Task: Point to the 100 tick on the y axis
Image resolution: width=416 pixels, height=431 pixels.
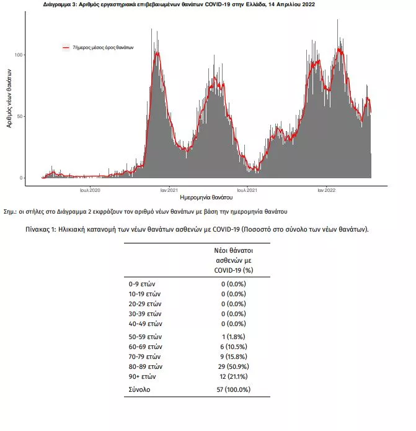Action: [x=19, y=55]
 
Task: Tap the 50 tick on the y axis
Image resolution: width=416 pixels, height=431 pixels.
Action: [x=20, y=117]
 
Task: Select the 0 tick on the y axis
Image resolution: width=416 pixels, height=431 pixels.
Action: [x=21, y=178]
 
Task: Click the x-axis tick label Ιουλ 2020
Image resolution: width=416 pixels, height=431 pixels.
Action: [x=90, y=190]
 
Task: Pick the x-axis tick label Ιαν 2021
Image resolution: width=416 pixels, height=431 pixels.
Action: [x=169, y=190]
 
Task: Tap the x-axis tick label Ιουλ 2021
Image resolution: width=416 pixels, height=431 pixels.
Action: [x=247, y=190]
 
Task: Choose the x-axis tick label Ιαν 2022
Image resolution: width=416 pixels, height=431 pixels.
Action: [x=327, y=190]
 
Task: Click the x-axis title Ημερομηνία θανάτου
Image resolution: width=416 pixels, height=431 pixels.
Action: [x=206, y=197]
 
